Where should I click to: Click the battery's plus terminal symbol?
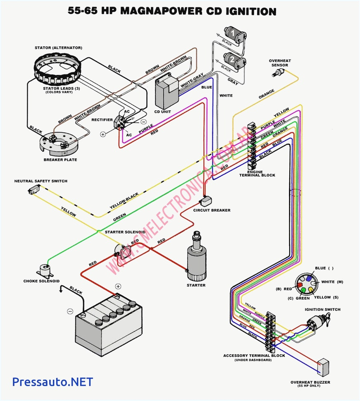pos(118,286)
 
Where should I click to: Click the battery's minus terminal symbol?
pos(70,311)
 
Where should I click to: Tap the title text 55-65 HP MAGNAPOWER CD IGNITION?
pos(172,11)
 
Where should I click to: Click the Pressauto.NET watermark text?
pos(52,381)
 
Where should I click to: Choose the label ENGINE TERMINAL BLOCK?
pos(257,173)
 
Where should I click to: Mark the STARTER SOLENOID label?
pos(125,232)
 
